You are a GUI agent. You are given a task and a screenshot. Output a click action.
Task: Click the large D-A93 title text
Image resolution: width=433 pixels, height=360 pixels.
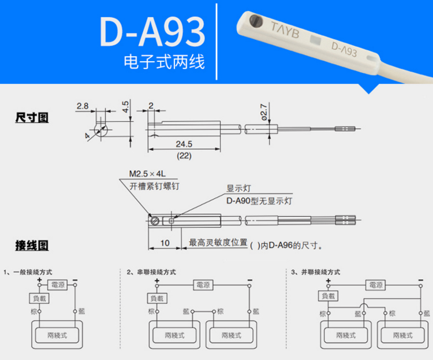pos(152,32)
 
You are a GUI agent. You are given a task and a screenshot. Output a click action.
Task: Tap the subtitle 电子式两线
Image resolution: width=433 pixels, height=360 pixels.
pos(164,61)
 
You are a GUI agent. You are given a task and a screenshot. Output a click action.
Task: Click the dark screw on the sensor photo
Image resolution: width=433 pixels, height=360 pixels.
pos(256,21)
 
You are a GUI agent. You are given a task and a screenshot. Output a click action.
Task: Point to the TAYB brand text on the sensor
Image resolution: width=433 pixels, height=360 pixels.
pos(285,30)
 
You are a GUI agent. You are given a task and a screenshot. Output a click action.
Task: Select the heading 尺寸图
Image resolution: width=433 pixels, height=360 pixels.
pos(32,117)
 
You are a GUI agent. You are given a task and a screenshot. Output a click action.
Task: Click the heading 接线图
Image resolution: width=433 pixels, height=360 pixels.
pos(32,246)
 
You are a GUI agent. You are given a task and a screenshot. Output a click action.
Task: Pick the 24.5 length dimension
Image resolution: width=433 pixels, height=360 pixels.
pos(184,144)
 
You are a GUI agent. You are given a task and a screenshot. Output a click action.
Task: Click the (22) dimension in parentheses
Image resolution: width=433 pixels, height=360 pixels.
pos(184,155)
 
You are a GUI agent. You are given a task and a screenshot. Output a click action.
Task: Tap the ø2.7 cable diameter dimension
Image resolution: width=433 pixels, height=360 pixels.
pos(264,112)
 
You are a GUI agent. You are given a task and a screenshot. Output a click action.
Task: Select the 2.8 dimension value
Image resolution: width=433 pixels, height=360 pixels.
pos(83,106)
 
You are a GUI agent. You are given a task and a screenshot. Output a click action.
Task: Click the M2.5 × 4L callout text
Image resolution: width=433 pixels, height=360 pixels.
pos(147,173)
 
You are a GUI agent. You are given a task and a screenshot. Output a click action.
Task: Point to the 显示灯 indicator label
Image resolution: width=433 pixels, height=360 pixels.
pos(238,188)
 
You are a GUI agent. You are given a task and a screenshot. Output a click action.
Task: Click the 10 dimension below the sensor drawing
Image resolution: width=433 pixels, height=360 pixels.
pos(165,243)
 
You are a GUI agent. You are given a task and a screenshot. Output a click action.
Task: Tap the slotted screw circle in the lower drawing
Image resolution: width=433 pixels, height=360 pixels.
pos(155,221)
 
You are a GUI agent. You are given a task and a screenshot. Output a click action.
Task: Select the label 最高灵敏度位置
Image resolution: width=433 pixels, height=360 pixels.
pos(218,242)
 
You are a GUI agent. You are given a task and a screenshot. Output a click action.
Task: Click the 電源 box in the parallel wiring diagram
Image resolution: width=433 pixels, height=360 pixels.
pos(376,285)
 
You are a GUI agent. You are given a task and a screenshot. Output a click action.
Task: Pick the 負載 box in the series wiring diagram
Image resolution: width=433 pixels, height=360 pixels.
pos(157,298)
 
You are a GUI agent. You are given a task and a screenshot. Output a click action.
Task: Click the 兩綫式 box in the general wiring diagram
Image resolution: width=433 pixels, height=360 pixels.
pos(57,335)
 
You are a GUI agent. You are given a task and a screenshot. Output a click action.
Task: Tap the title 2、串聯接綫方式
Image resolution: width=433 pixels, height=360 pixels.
pos(151,272)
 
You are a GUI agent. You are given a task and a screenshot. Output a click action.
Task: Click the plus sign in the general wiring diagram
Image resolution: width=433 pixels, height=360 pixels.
pos(39,280)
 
